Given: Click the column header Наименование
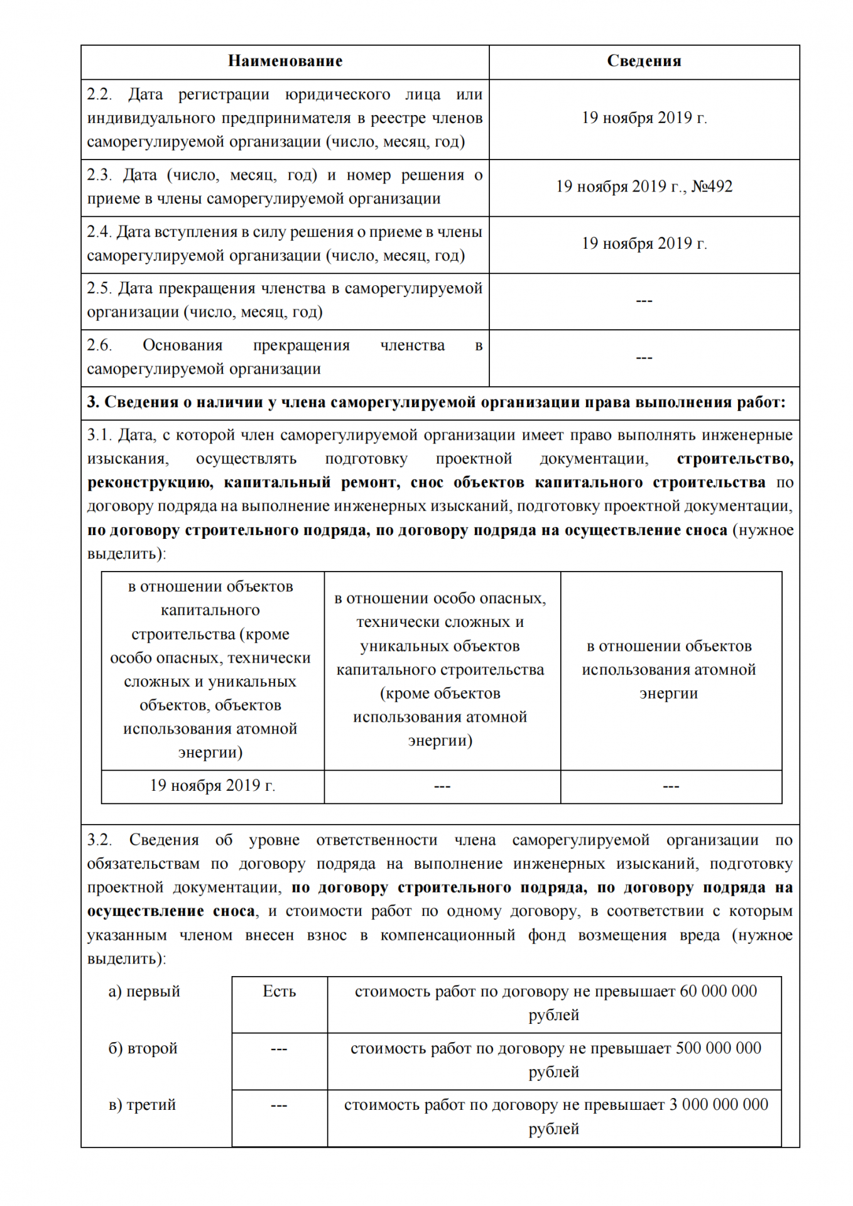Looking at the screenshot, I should tap(285, 61).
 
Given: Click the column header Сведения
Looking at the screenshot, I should tap(644, 61).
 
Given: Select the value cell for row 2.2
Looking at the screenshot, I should tap(644, 118).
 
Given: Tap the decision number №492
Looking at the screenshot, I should tap(712, 187).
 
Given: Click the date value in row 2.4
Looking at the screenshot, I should tap(644, 244).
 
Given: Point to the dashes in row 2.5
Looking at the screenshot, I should tap(644, 301).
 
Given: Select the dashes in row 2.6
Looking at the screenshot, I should tap(644, 357).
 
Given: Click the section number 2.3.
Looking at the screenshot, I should tap(99, 175).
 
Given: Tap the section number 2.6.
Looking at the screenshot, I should tap(99, 345).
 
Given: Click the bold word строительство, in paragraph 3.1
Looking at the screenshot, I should tap(734, 459).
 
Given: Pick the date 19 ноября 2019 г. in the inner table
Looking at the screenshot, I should tap(212, 786).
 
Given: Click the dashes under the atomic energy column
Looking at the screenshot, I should tap(671, 786).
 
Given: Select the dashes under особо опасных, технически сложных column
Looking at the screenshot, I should tap(442, 786).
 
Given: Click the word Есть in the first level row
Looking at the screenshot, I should tap(279, 991).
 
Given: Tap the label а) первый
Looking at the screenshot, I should tap(144, 992).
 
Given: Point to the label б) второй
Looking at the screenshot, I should tap(143, 1048).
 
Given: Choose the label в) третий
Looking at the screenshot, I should tap(143, 1105).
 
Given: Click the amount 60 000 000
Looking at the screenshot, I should tap(718, 991).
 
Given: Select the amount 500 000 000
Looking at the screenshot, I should tap(718, 1048).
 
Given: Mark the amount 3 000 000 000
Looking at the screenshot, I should tap(718, 1105).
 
